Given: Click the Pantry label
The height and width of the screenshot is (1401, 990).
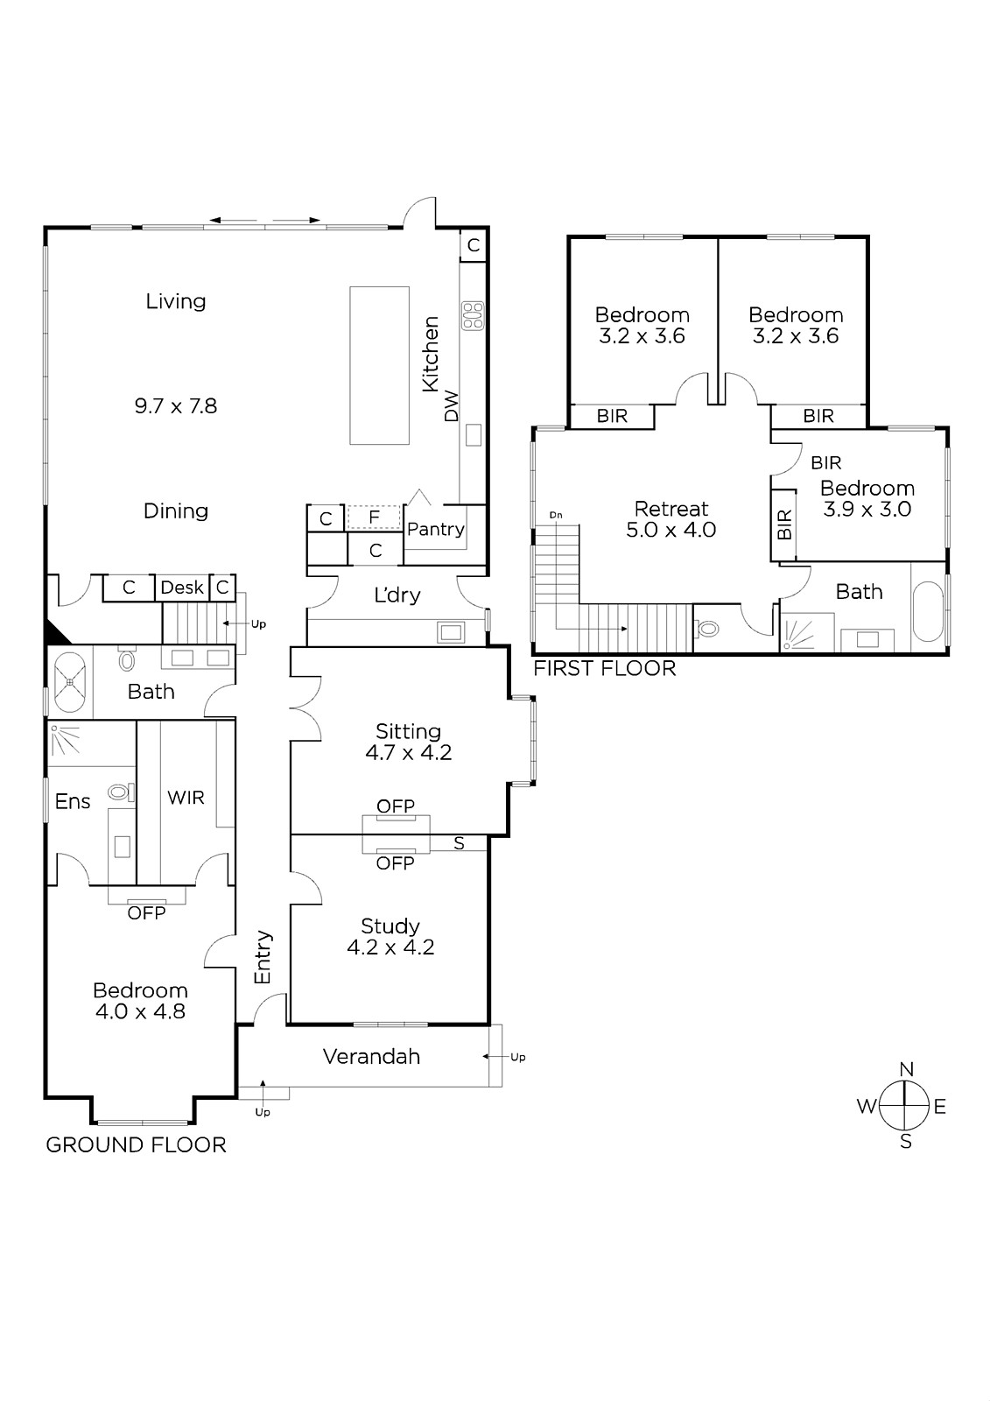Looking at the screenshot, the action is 435,529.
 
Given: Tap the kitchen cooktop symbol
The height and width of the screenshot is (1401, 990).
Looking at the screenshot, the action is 473,316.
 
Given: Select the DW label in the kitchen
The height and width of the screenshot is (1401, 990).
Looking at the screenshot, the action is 452,406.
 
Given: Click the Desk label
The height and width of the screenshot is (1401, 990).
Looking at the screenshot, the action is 182,588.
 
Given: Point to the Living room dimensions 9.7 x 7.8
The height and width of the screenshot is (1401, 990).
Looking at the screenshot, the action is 176,406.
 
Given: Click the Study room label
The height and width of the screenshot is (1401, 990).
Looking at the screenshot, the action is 390,926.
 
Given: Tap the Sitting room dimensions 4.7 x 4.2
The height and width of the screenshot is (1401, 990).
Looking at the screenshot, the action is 409,752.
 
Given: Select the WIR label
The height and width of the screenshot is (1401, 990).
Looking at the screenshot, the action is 186,798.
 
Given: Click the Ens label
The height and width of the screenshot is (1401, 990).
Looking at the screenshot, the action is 73,802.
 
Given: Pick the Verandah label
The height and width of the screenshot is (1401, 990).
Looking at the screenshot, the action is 371,1056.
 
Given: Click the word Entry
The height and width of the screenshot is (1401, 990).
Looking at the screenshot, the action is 263,957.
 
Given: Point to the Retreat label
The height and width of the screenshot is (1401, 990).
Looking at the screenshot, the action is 671,509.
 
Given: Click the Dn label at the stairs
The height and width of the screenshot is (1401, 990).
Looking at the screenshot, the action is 556,516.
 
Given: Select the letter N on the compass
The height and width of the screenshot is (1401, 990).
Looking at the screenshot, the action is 906,1069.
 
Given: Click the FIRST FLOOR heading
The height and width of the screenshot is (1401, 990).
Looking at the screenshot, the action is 604,669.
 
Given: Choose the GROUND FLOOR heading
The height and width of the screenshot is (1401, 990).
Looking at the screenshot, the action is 136,1145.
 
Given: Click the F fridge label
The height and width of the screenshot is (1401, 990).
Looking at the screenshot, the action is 374,517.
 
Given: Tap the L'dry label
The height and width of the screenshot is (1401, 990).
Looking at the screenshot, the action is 397,595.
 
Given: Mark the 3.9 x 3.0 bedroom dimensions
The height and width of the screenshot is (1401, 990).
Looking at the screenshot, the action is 867,509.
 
